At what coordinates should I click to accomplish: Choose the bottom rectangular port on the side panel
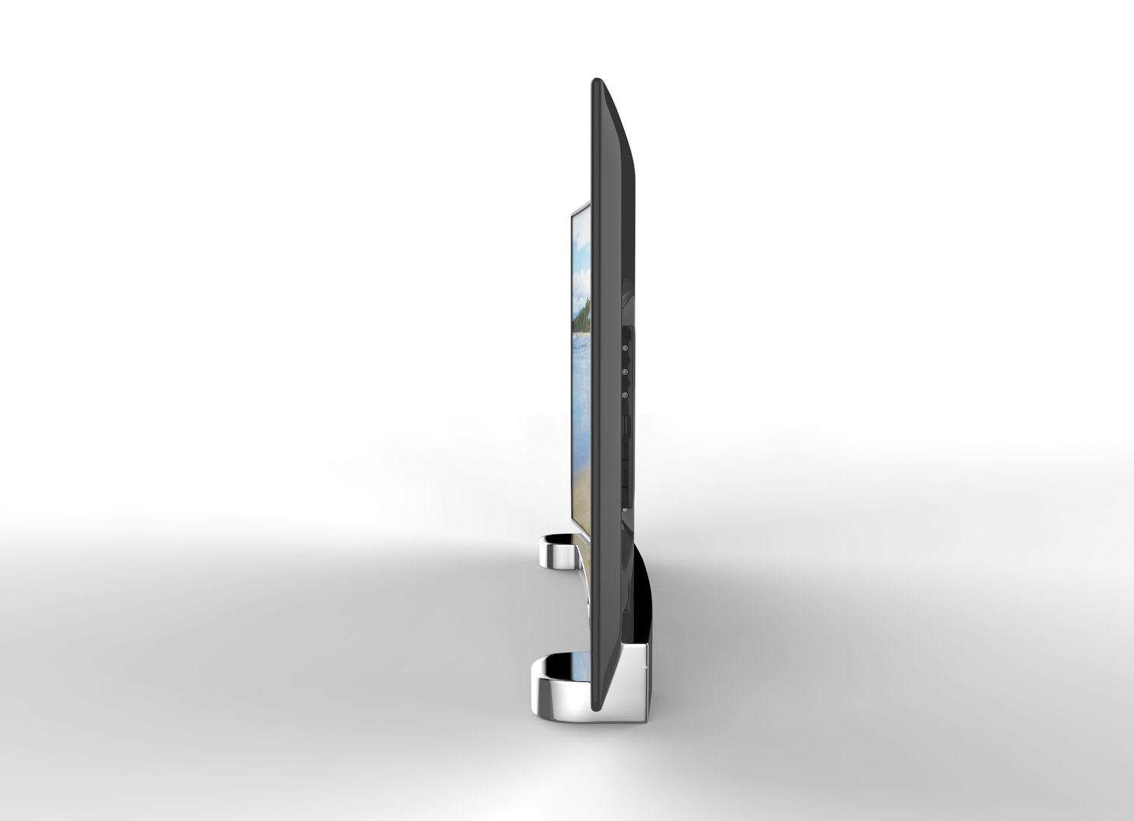point(626,483)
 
